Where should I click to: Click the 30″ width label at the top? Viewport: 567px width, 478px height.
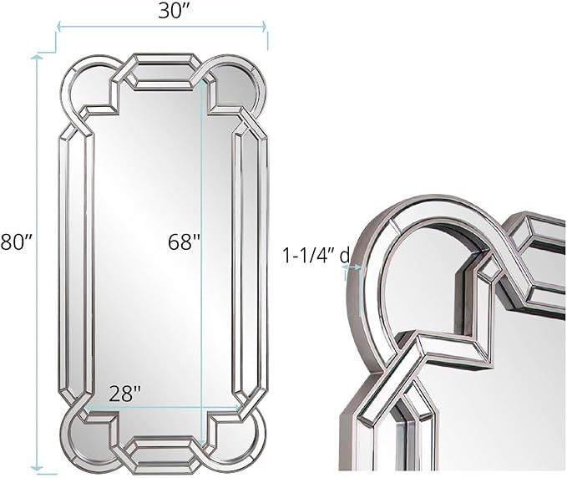tap(161, 12)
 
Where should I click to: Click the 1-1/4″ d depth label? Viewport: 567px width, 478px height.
tap(316, 256)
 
